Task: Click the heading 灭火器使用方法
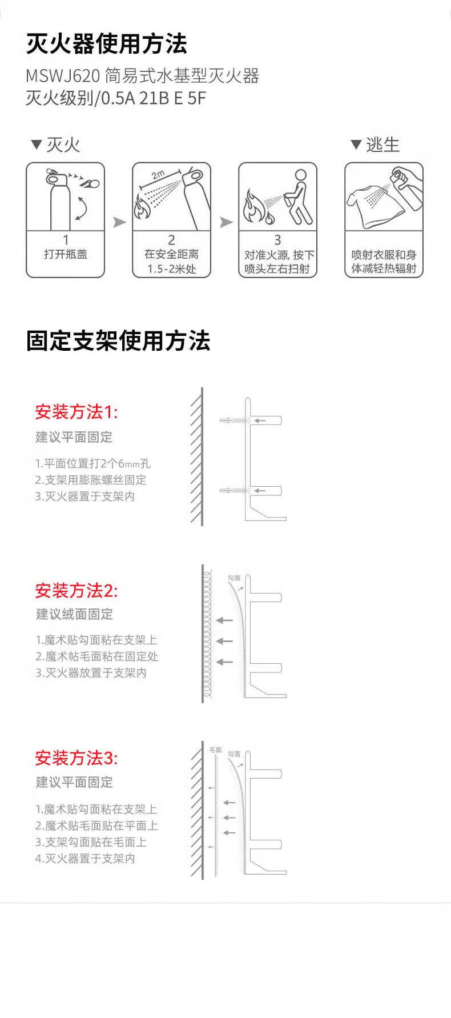(x=106, y=44)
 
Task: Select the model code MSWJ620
(x=63, y=75)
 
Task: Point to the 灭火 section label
(x=63, y=145)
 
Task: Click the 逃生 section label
(x=382, y=145)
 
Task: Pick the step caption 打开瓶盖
(x=66, y=254)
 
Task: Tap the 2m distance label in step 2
(x=158, y=174)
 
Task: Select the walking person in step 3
(x=298, y=197)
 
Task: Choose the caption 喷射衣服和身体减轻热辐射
(x=384, y=262)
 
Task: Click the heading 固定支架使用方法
(x=118, y=341)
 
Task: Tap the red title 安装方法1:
(x=76, y=411)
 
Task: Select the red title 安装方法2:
(x=76, y=590)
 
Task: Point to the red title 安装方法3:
(x=76, y=758)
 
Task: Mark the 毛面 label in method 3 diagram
(x=215, y=750)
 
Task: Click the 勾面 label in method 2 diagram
(x=234, y=578)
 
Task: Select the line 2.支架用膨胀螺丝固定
(x=91, y=480)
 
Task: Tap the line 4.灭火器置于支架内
(x=85, y=858)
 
